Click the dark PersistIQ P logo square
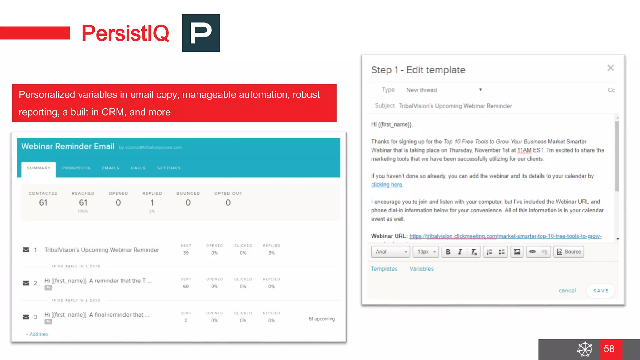coord(201,33)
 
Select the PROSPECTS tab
coord(76,168)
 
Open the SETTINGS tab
coord(169,168)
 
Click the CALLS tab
coord(138,168)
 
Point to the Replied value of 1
coord(152,203)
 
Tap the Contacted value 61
coord(43,203)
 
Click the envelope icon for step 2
coord(26,283)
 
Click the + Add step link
coord(37,334)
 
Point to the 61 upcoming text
coord(322,319)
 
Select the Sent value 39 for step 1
coord(186,253)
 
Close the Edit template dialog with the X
coord(611,68)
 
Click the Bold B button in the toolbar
coord(448,252)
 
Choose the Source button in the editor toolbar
coord(569,252)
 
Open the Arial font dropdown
coord(390,252)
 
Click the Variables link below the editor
coord(422,269)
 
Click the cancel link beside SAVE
coord(567,291)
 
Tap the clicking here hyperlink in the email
coord(387,185)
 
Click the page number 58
coord(609,349)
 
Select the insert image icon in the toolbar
coord(517,252)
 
